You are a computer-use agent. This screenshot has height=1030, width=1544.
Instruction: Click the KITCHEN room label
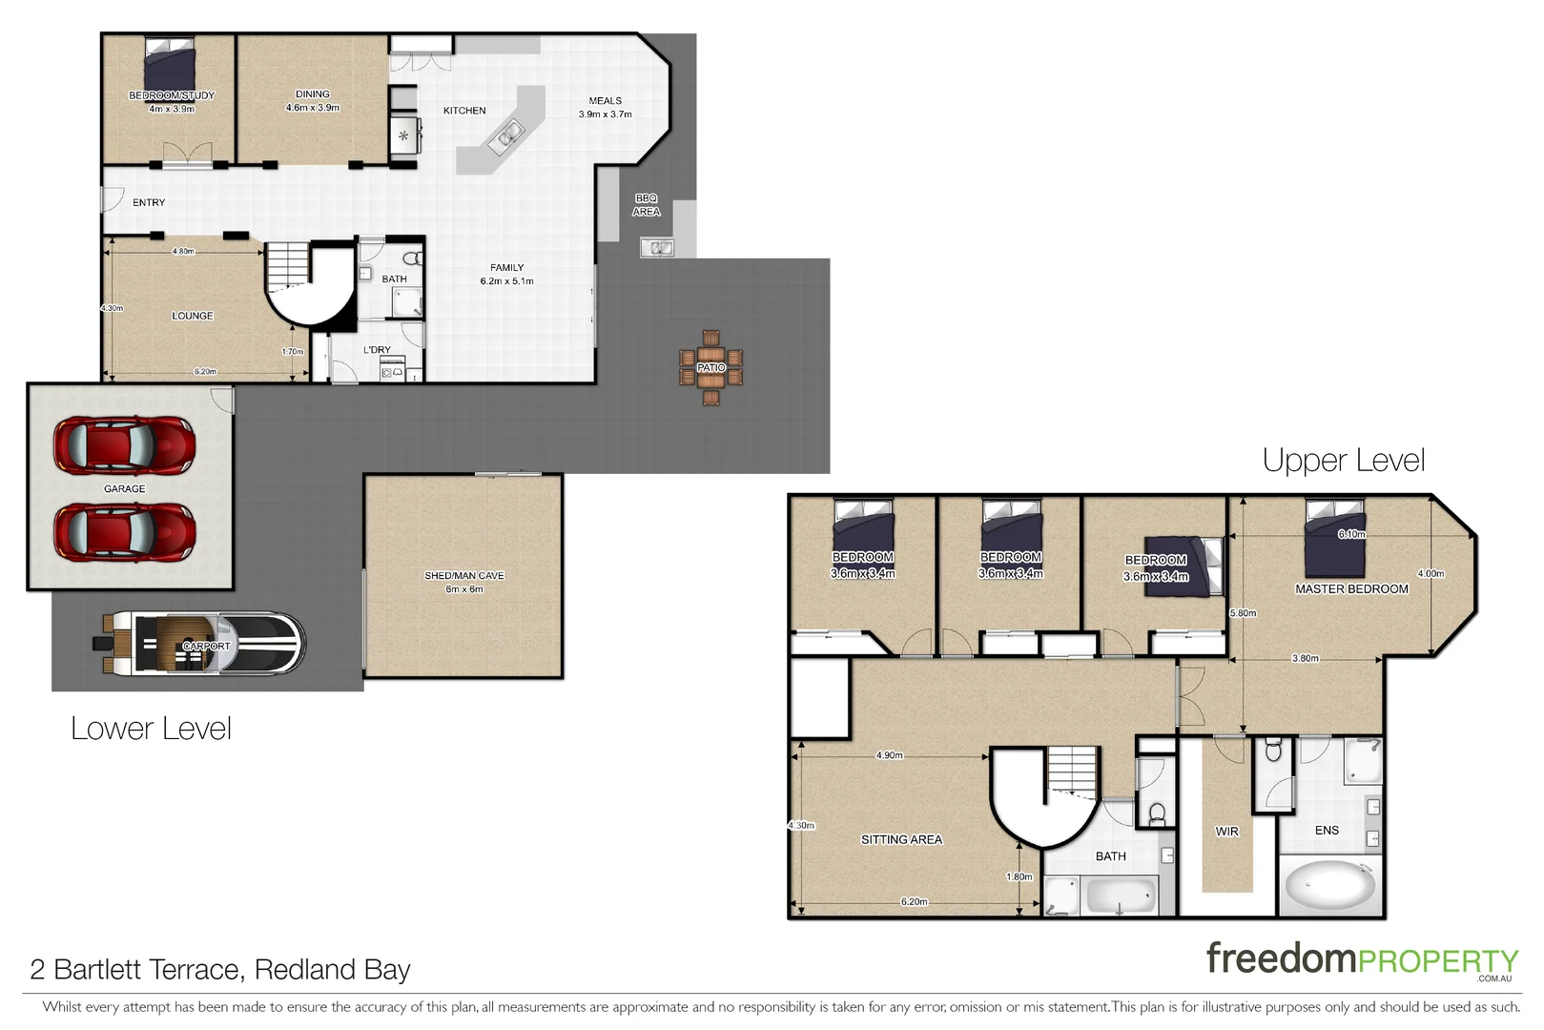coord(464,111)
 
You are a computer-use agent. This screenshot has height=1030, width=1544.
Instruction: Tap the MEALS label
coord(605,100)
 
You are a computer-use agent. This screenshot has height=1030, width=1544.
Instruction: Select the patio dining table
coord(710,367)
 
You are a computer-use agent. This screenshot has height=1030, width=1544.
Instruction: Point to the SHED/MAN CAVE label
coord(464,576)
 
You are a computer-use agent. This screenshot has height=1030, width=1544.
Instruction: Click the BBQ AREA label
coord(646,205)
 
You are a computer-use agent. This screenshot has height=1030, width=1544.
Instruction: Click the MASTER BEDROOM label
coord(1351,589)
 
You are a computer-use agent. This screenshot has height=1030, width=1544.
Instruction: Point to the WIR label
coord(1226,832)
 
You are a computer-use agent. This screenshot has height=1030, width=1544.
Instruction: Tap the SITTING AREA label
coord(901,840)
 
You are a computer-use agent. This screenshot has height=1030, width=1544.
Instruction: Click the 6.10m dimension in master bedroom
coord(1351,534)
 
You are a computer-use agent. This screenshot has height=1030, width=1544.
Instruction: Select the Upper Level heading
coord(1343,461)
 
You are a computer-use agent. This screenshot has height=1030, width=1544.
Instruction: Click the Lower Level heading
coord(151,729)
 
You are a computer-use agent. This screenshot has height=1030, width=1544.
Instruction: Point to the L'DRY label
coord(377,350)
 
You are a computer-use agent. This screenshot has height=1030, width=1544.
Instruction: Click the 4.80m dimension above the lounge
coord(183,252)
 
